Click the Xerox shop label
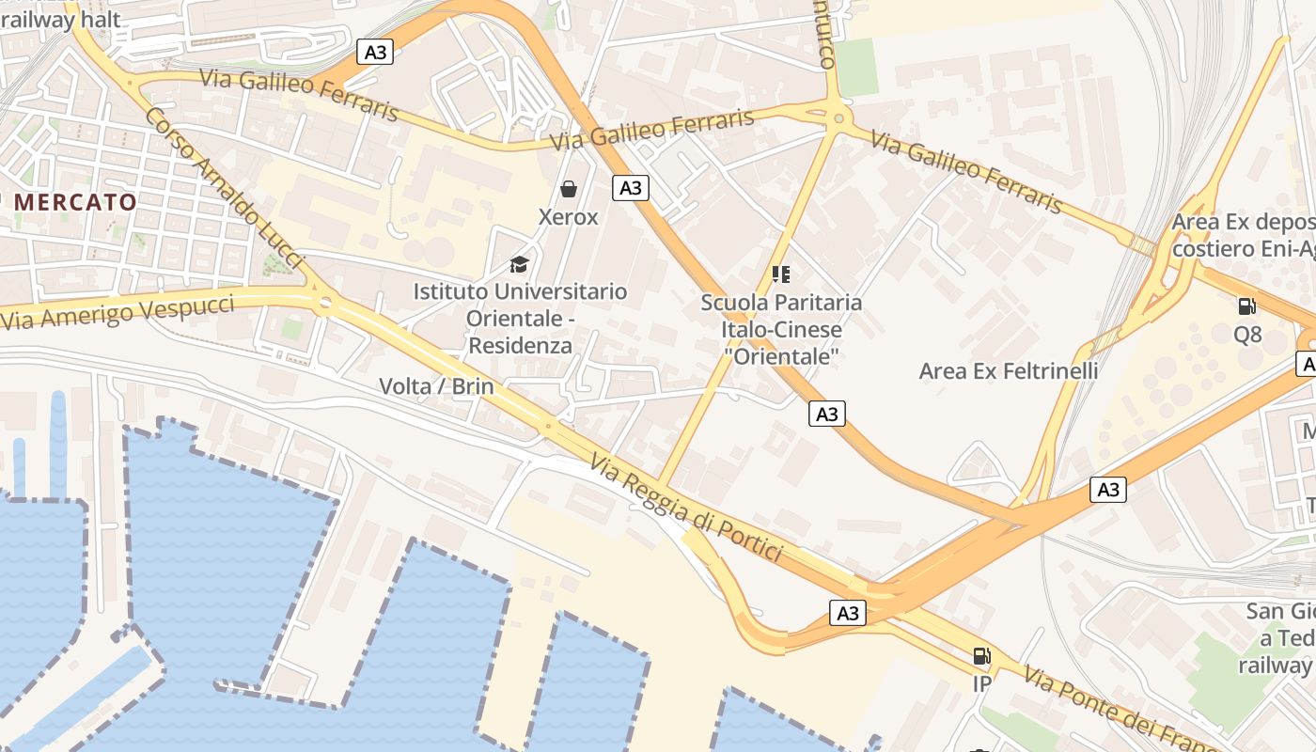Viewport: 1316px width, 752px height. (568, 217)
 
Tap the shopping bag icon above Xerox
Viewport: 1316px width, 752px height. (569, 190)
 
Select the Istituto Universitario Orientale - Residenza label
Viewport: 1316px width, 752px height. (520, 318)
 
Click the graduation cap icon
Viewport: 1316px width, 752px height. (520, 264)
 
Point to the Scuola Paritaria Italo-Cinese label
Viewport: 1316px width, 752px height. (781, 329)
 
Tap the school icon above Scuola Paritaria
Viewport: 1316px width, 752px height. (781, 274)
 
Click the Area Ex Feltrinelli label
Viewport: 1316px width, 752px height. (1009, 370)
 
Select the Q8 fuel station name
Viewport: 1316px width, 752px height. (1247, 335)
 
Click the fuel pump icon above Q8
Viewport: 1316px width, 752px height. (1247, 306)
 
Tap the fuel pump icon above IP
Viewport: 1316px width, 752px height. (981, 656)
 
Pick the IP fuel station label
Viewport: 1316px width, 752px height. (981, 683)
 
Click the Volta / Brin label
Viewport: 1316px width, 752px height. (436, 385)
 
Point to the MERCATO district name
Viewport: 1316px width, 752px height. (75, 201)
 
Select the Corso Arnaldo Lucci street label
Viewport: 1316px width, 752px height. (226, 188)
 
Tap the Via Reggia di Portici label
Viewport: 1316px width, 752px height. (686, 508)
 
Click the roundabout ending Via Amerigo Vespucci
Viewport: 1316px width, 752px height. (325, 303)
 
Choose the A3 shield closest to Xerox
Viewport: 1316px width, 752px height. (631, 188)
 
